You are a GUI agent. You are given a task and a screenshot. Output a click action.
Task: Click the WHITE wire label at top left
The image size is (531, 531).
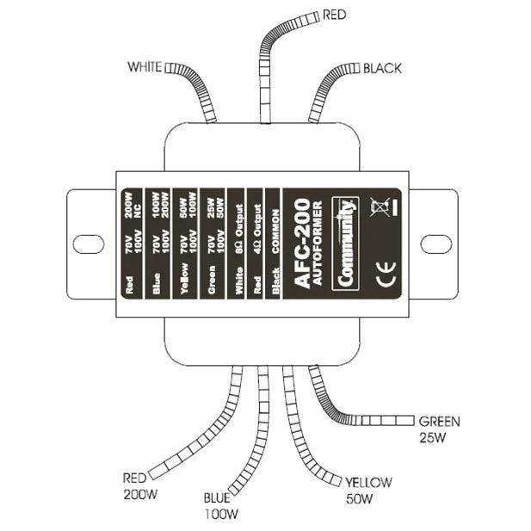[x=145, y=66]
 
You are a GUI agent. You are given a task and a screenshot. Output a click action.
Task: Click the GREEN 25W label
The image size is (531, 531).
[x=439, y=428]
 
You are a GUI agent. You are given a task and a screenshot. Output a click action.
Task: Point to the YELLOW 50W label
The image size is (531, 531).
[x=367, y=488]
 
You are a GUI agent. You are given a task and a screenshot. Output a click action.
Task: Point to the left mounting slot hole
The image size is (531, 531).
[x=86, y=242]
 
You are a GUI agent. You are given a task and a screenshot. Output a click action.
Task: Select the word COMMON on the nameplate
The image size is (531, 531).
[x=275, y=228]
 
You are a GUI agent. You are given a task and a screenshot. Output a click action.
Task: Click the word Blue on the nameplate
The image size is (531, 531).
[x=157, y=283]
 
